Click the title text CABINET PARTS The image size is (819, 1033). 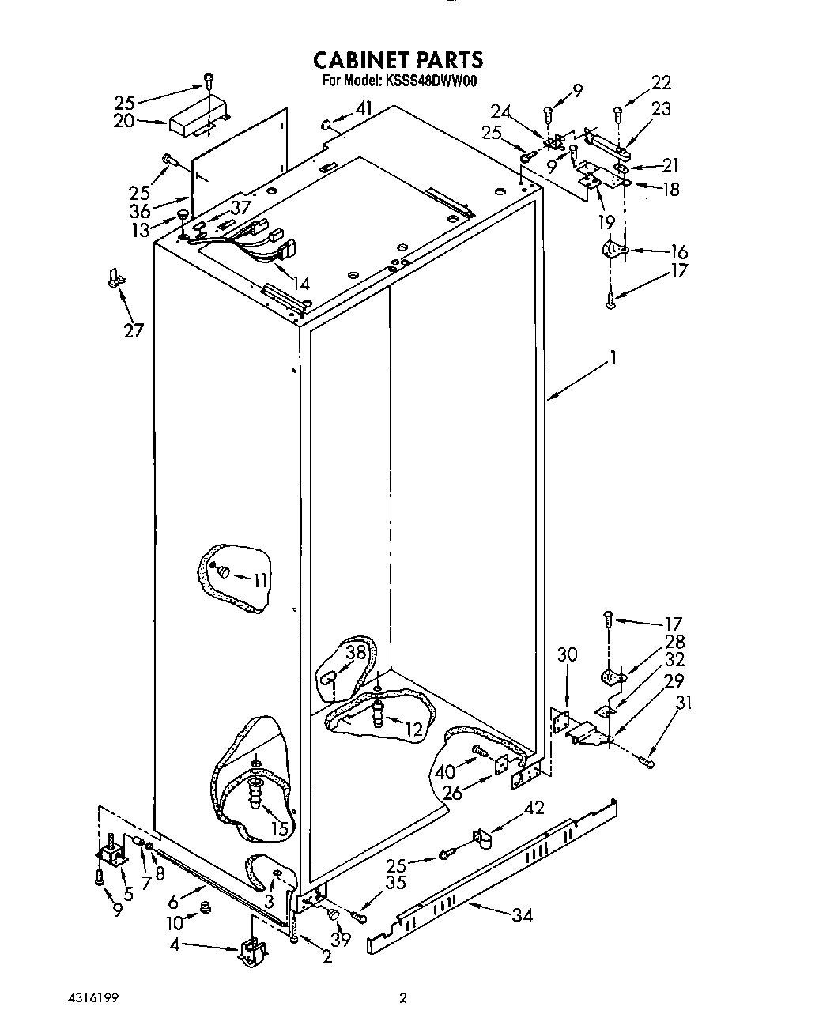pos(398,59)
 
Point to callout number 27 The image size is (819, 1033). pos(133,330)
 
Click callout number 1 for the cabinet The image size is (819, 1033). pos(611,360)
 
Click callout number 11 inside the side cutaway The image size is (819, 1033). pos(260,580)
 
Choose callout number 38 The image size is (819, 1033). pos(357,652)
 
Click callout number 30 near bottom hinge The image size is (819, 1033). pos(567,654)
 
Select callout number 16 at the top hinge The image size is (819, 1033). pos(678,252)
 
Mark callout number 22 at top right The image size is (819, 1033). pos(661,82)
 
